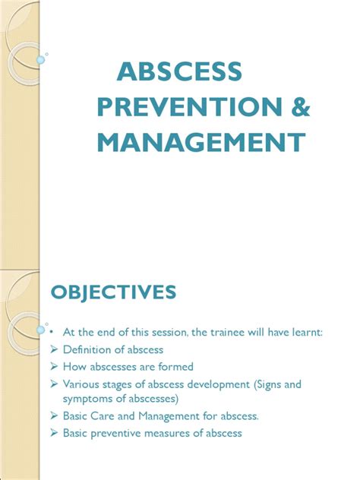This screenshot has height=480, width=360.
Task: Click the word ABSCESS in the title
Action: tap(180, 71)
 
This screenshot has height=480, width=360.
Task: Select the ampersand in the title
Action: tap(301, 107)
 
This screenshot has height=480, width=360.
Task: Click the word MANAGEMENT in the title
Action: tap(201, 142)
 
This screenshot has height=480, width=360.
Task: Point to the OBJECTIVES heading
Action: tap(114, 292)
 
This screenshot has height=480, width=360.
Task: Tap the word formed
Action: tap(175, 367)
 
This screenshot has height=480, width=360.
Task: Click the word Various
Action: tap(79, 384)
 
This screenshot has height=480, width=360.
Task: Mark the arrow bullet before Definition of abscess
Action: tap(55, 349)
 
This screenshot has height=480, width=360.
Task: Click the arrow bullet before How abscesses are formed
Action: tap(55, 366)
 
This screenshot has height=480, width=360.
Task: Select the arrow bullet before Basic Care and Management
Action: tap(55, 415)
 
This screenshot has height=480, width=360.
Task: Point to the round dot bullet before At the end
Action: tap(52, 332)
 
